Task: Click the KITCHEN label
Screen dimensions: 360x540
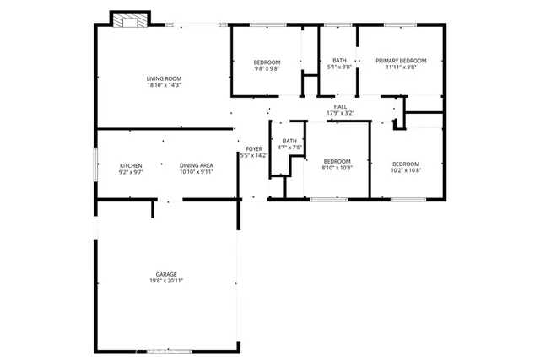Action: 131,165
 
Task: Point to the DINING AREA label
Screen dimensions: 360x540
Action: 196,165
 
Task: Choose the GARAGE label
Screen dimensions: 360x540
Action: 166,274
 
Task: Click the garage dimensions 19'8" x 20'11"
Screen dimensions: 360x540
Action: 166,281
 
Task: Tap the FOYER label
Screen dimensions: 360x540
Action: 253,149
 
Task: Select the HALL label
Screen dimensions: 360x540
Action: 340,106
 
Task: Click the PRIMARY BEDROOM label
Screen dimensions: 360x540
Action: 401,61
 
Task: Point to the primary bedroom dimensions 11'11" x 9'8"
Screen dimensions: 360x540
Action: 401,67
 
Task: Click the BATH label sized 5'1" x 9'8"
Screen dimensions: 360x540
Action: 339,61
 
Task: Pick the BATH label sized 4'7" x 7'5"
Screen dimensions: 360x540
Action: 289,141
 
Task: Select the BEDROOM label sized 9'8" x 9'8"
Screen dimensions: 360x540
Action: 267,62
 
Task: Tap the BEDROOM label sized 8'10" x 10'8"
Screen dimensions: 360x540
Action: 336,163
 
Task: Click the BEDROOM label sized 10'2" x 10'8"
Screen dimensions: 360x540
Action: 407,163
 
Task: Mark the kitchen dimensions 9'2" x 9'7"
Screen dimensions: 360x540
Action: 131,172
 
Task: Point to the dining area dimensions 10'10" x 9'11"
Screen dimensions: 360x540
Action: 196,172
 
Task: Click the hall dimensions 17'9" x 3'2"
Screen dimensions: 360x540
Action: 340,113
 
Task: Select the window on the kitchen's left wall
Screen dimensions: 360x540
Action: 94,165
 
